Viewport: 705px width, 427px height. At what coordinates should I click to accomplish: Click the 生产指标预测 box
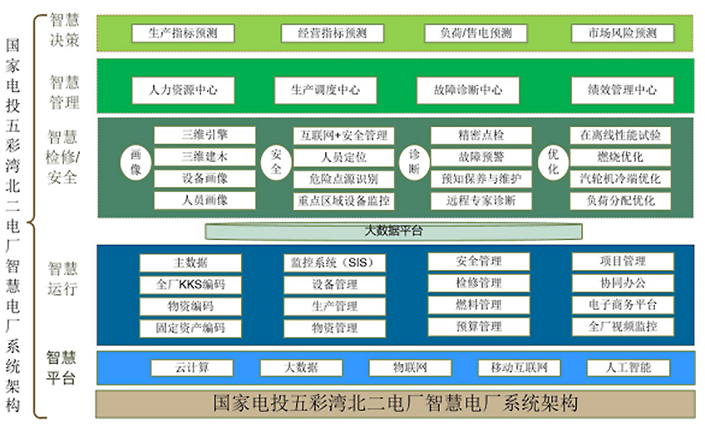point(183,33)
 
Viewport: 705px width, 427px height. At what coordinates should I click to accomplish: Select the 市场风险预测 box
point(622,33)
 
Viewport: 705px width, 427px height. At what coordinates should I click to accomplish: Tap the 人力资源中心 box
point(183,90)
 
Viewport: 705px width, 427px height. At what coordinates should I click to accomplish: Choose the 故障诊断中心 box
point(468,90)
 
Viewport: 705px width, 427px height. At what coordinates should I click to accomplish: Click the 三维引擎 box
point(205,135)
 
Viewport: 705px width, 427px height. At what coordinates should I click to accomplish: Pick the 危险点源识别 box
point(343,179)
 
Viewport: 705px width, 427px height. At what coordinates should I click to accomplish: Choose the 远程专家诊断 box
point(481,200)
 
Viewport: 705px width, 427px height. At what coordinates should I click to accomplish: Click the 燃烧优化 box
point(620,157)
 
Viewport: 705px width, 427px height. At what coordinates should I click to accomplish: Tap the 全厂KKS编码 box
point(190,284)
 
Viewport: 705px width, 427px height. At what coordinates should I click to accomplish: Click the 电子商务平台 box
point(622,305)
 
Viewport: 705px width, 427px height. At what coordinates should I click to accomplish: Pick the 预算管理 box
point(479,326)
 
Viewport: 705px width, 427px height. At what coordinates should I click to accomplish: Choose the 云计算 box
point(191,368)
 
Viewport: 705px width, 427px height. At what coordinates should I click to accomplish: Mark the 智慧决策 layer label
point(64,31)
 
